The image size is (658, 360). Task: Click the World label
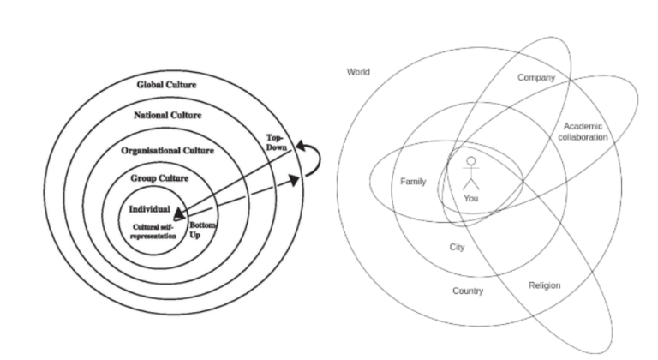358,72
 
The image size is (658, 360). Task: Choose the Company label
536,78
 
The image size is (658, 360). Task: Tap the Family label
413,182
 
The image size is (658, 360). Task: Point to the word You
470,198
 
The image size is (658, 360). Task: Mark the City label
458,247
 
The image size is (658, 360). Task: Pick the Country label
468,291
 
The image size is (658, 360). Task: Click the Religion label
544,285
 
